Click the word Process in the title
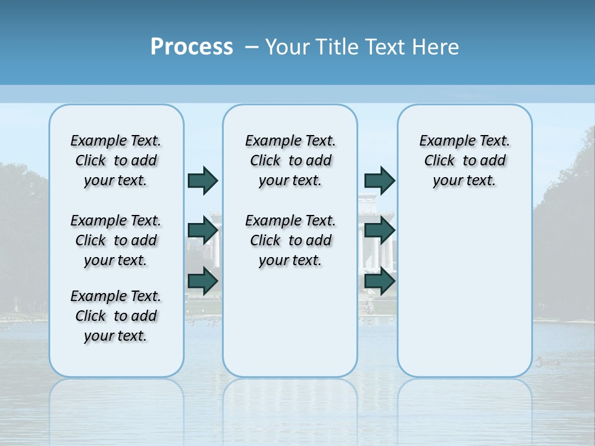point(192,47)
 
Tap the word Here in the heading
point(436,47)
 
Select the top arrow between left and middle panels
point(203,180)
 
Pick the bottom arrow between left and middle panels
point(203,281)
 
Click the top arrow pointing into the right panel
point(379,180)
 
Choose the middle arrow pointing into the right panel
point(379,230)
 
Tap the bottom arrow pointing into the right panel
point(379,281)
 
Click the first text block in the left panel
point(116,160)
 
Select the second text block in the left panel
point(116,240)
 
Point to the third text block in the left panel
point(116,316)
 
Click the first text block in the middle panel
point(290,160)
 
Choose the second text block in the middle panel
point(290,240)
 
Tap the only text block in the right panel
point(464,160)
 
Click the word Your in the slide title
point(288,47)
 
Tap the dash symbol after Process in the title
point(252,47)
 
